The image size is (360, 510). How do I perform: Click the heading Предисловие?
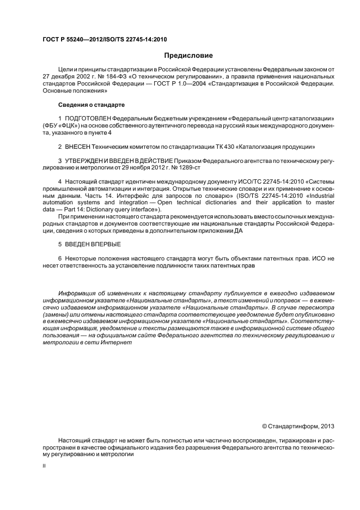coord(189,56)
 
